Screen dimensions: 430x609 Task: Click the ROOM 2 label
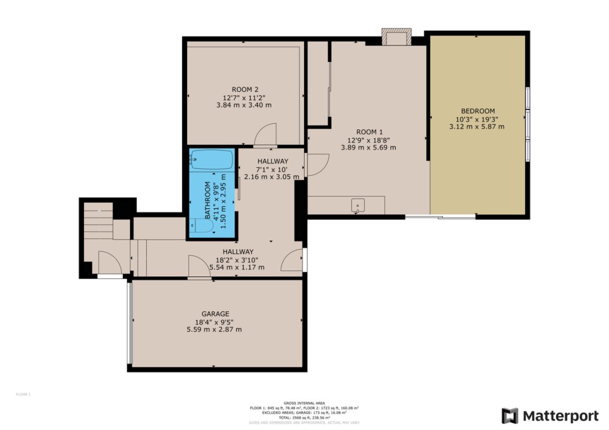[x=245, y=90]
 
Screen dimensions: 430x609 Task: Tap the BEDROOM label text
[x=477, y=111]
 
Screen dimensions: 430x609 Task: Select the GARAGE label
[x=215, y=314]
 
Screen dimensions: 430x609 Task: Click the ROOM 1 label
[x=369, y=132]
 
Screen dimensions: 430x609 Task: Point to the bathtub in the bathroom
[x=211, y=160]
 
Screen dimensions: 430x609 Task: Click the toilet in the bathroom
[x=202, y=226]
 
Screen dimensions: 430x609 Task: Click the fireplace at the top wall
[x=396, y=37]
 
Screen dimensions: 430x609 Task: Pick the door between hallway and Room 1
[x=316, y=165]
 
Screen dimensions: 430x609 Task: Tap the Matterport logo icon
[x=510, y=416]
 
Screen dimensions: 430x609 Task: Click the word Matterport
[x=561, y=416]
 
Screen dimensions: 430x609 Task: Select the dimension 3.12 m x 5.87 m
[x=477, y=126]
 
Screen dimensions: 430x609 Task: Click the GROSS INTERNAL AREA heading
[x=304, y=403]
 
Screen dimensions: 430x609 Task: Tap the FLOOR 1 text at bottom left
[x=23, y=395]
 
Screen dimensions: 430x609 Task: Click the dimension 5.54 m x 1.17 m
[x=237, y=267]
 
